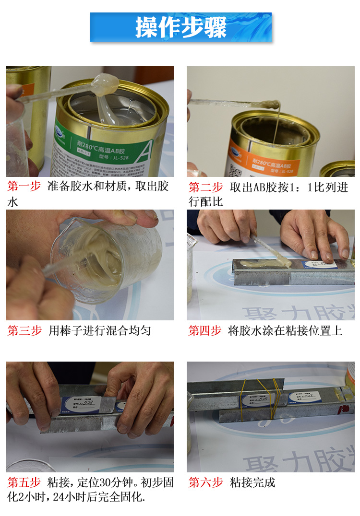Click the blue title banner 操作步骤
[180, 27]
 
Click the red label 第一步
[24, 187]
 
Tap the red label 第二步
[205, 187]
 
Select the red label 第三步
[24, 330]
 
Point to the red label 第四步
[204, 330]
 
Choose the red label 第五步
[24, 482]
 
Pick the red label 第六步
[205, 482]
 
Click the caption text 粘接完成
[252, 482]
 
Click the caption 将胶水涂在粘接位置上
[285, 330]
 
